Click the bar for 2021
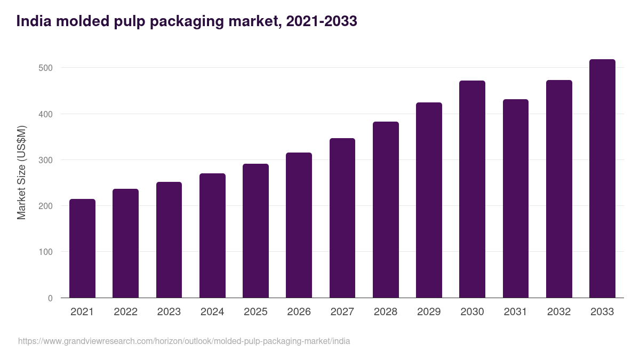click(x=82, y=249)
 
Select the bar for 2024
click(x=212, y=236)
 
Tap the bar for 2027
click(x=342, y=218)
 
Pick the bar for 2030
click(x=472, y=189)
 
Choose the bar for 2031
click(x=515, y=198)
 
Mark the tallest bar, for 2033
click(x=602, y=179)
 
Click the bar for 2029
click(x=429, y=200)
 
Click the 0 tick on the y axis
click(x=50, y=298)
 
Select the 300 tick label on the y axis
click(x=46, y=160)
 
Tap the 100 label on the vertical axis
click(x=46, y=252)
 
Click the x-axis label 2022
click(x=125, y=312)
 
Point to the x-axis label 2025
click(x=255, y=312)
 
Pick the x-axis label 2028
click(x=386, y=312)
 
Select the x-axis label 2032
click(x=559, y=312)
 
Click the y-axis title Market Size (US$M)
click(x=21, y=172)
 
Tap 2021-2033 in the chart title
click(x=322, y=21)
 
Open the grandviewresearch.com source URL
click(x=184, y=341)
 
